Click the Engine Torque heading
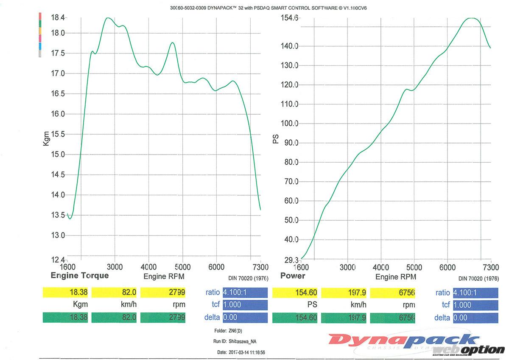coord(80,276)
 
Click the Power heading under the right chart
coord(293,276)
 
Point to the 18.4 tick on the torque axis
coord(58,18)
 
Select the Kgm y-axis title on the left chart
coord(47,138)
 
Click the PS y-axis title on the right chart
coord(276,139)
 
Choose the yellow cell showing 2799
coord(163,292)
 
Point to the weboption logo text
coord(469,349)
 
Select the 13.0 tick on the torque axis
coord(58,236)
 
